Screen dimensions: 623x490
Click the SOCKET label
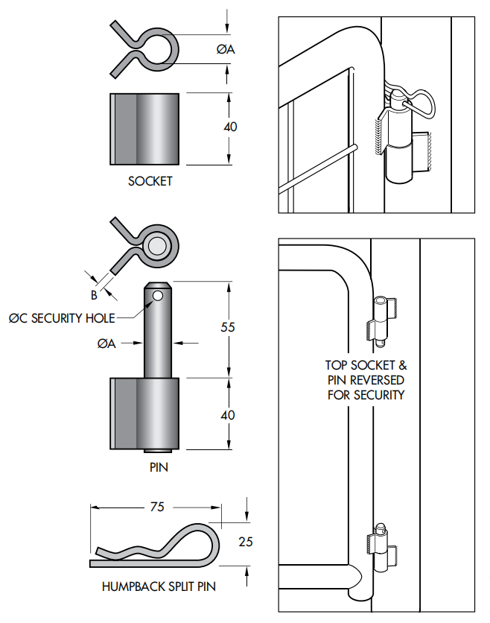(150, 181)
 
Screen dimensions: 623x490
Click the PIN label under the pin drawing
(159, 468)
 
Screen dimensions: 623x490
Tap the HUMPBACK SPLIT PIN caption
(159, 586)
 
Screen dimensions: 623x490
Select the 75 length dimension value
(156, 507)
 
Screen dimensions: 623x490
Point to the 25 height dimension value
(245, 542)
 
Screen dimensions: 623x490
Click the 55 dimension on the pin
(230, 326)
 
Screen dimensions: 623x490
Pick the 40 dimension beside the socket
(230, 127)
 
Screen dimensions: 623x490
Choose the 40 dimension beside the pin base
(230, 414)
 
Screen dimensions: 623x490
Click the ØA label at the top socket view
(226, 49)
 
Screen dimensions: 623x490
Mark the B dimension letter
(94, 294)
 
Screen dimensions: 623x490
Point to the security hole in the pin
(157, 297)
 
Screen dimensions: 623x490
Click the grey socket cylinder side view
(145, 129)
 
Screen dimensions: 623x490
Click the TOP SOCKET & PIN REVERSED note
(366, 380)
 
